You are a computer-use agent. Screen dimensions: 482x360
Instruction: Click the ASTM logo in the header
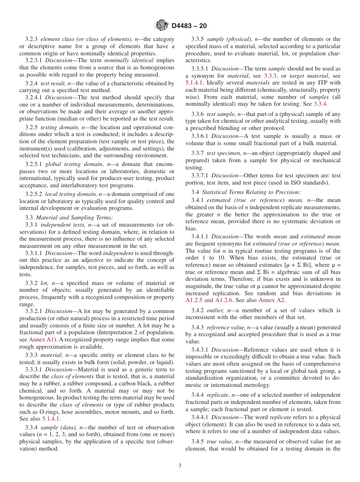point(162,26)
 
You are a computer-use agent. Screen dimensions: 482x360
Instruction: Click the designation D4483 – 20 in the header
point(189,26)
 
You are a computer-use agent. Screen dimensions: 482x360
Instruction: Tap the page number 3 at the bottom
point(180,466)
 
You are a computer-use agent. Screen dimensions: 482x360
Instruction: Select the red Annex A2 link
point(271,300)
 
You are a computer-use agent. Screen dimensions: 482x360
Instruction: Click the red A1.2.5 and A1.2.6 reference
point(209,300)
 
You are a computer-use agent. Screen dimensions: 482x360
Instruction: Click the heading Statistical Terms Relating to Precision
point(251,192)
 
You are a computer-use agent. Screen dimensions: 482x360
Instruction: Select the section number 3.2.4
point(31,83)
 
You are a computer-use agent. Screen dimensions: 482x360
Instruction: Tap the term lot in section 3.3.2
point(44,283)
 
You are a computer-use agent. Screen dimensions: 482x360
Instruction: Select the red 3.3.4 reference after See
point(320,103)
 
